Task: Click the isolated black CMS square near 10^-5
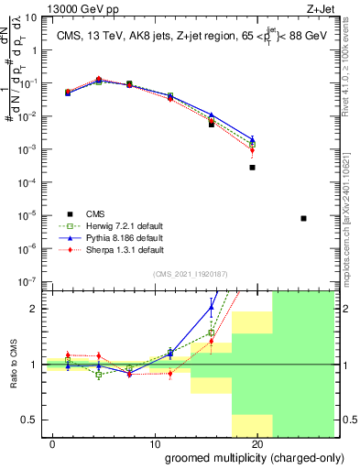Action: pos(303,218)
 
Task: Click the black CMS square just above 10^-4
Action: pos(252,168)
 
